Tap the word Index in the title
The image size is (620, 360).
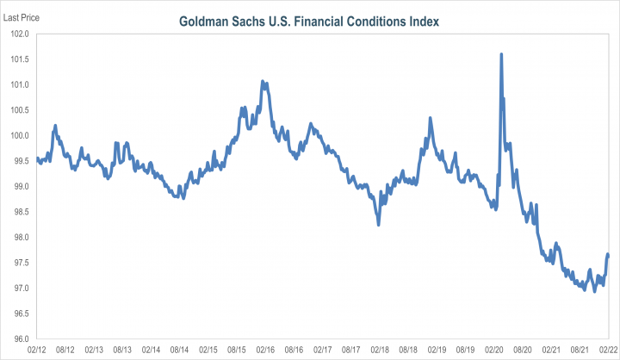click(422, 20)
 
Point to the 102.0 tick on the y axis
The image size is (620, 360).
click(20, 34)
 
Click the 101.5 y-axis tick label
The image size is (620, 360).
click(20, 59)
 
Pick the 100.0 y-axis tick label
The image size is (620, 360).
click(20, 135)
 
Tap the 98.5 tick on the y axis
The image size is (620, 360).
click(20, 212)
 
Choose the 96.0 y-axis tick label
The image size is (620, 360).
click(20, 338)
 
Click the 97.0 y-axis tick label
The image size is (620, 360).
click(20, 288)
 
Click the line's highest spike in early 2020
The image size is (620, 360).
click(501, 54)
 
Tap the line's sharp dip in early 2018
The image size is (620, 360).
click(378, 224)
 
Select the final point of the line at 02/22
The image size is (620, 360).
click(609, 254)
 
